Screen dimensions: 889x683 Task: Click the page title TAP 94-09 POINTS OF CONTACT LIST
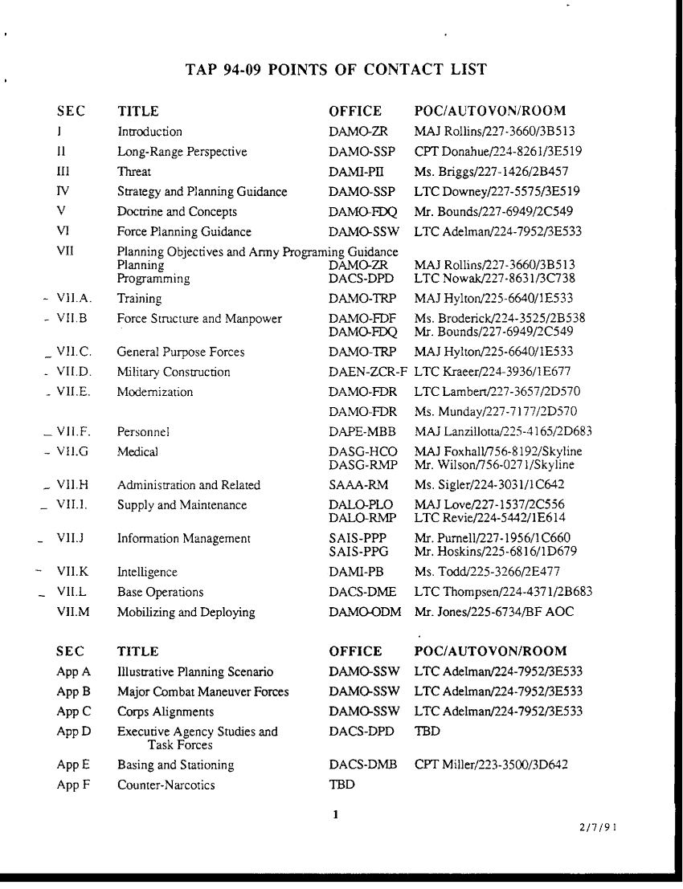tap(336, 70)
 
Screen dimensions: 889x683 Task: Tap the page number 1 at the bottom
tap(336, 815)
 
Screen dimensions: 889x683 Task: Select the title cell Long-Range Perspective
tap(182, 152)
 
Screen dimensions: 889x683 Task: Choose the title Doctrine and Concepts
tap(178, 212)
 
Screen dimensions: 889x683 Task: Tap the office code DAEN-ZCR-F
tap(369, 372)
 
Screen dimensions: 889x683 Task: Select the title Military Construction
tap(174, 372)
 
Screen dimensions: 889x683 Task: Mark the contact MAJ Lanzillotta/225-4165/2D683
tap(503, 432)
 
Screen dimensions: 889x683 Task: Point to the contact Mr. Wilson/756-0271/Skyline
tap(494, 465)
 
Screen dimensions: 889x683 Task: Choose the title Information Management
tap(184, 539)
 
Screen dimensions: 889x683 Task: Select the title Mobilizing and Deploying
tap(186, 612)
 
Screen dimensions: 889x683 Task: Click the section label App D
tap(74, 732)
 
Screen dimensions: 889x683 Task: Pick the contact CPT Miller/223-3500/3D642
tap(491, 765)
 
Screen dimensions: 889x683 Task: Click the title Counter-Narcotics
tap(166, 785)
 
